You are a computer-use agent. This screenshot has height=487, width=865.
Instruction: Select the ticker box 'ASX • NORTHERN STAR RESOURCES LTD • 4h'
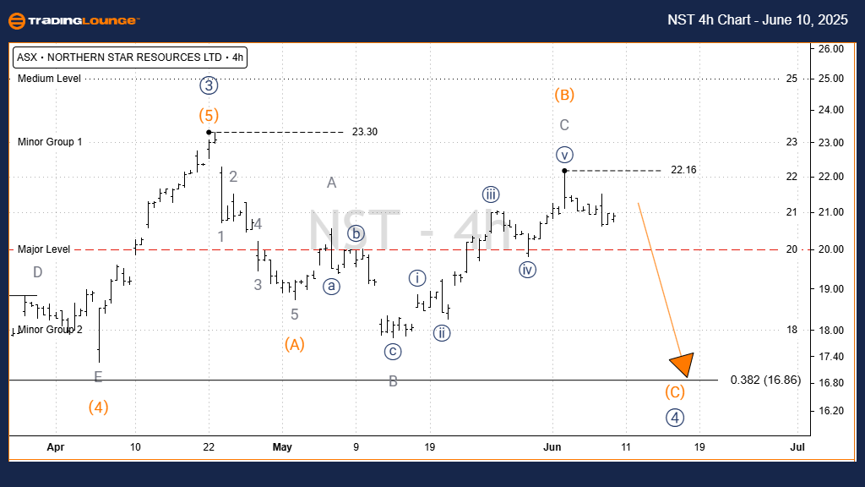click(130, 58)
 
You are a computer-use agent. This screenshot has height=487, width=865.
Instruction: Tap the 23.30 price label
click(365, 132)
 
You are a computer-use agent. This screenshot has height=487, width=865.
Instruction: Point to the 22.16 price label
click(683, 170)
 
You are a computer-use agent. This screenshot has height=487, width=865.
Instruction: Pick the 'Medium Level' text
click(49, 79)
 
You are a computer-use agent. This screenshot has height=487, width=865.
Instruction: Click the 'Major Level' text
click(44, 249)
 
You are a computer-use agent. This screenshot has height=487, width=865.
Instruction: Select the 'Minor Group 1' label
click(50, 142)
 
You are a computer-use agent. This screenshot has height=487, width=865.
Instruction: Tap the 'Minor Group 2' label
click(51, 330)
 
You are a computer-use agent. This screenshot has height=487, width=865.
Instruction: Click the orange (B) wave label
click(564, 94)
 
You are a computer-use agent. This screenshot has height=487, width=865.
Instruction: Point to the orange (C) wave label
click(674, 392)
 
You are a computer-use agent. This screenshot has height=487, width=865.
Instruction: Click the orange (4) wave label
click(98, 407)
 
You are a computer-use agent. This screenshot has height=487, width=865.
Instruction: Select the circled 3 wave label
click(209, 85)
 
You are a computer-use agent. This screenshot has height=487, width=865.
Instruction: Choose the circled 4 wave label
click(673, 417)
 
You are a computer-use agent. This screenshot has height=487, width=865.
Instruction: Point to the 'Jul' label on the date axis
click(796, 446)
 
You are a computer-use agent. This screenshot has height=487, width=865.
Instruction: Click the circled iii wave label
click(491, 194)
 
